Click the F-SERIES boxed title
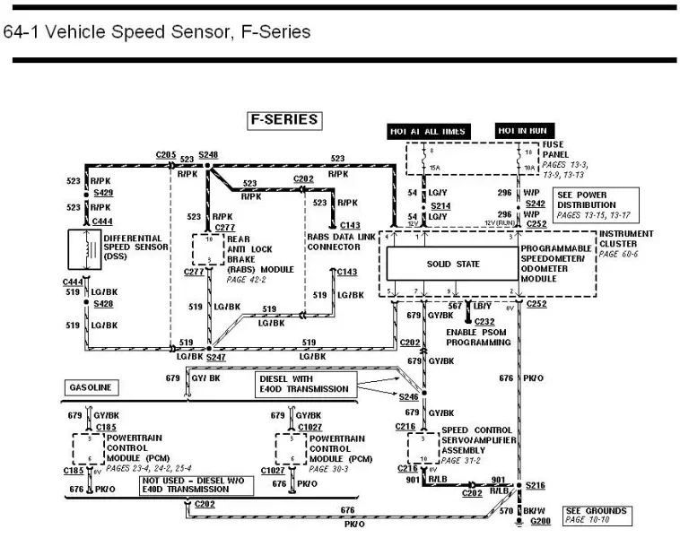click(283, 120)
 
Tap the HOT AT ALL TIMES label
click(427, 131)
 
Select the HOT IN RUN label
click(522, 130)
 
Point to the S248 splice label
click(208, 155)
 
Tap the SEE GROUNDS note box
click(596, 515)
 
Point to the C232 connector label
click(484, 321)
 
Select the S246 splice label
click(409, 395)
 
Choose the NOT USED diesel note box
click(196, 485)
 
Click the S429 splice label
click(103, 193)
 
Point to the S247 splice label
click(215, 357)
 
